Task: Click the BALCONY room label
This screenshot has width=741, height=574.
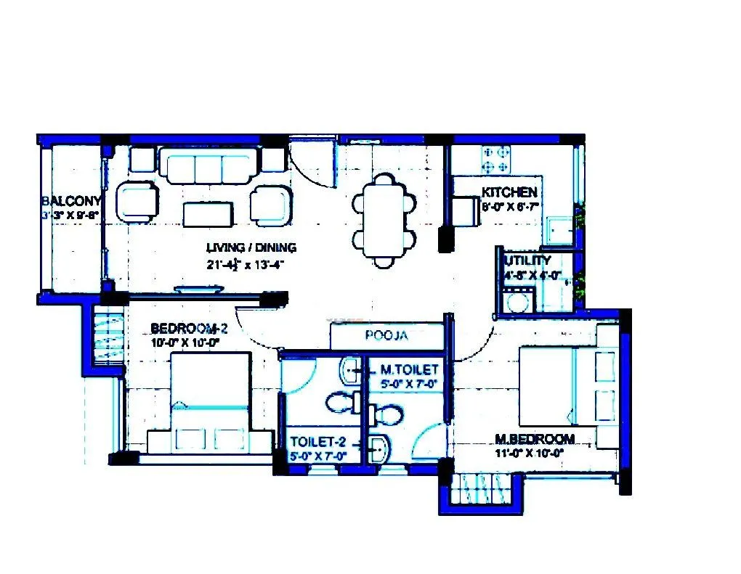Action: click(x=70, y=201)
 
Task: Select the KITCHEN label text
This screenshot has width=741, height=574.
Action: click(x=509, y=192)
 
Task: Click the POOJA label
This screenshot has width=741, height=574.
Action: click(x=386, y=336)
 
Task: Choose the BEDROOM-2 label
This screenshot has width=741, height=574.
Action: click(x=185, y=327)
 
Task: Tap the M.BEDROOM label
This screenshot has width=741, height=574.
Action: click(x=535, y=439)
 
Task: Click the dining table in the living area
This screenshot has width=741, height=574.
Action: click(x=385, y=217)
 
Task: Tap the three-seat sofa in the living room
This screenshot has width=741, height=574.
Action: click(x=209, y=166)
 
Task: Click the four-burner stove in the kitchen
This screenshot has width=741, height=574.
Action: click(x=496, y=160)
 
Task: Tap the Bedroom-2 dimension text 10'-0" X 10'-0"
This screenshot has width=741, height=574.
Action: click(x=185, y=342)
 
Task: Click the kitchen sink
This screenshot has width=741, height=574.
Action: click(x=559, y=230)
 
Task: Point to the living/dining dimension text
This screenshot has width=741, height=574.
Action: click(x=243, y=265)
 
